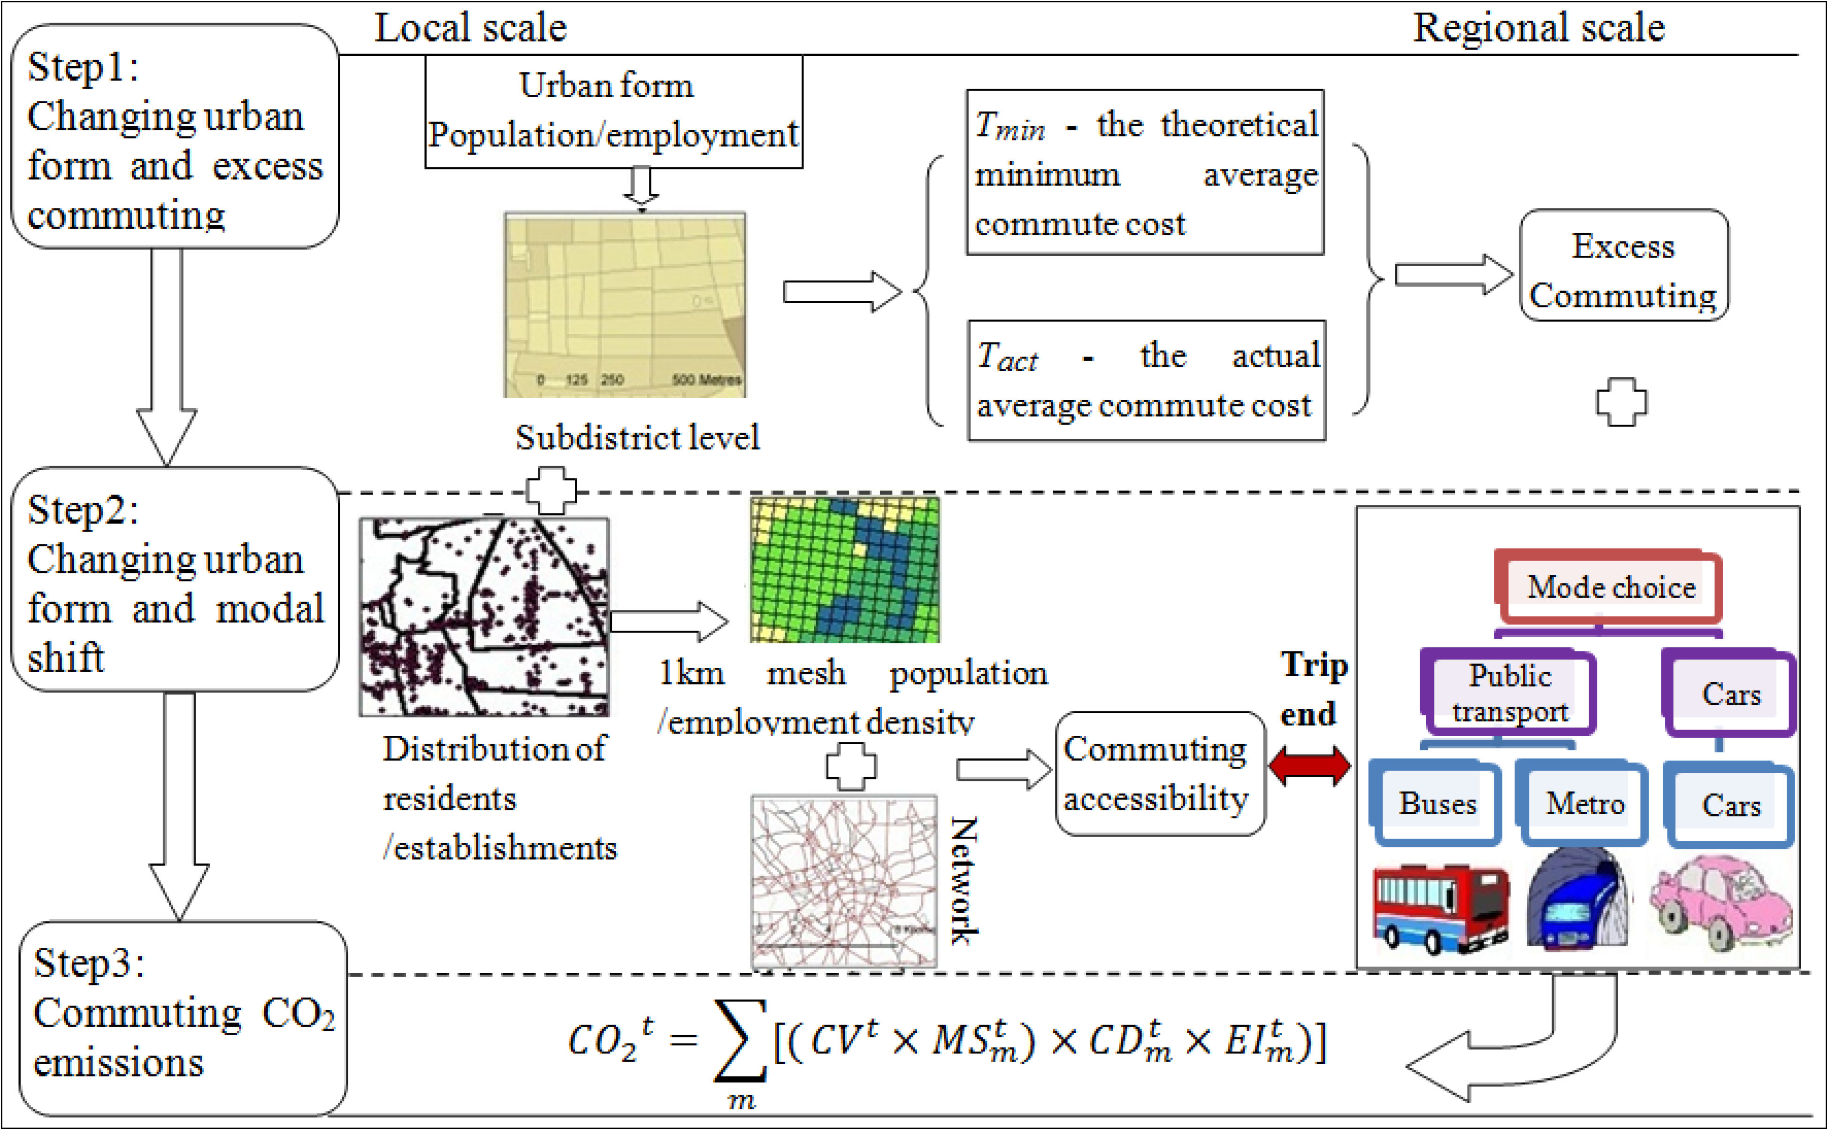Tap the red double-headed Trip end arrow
tap(1309, 767)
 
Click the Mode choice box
tap(1609, 587)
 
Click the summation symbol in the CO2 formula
tap(739, 1041)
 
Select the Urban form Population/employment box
tap(613, 111)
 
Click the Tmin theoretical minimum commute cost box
tap(1145, 173)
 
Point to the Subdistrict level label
tap(637, 437)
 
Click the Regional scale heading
tap(1538, 28)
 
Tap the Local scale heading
tap(470, 28)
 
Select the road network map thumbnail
tap(843, 882)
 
